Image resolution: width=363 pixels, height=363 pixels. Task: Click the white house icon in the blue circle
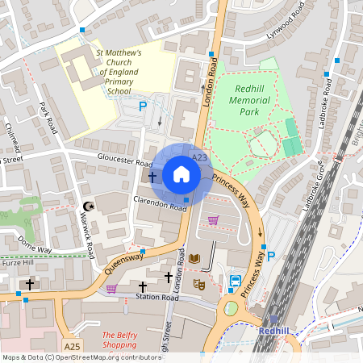pos(181,174)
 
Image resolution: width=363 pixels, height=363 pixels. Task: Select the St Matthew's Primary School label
pos(119,72)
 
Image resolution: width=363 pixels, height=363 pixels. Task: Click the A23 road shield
pos(199,156)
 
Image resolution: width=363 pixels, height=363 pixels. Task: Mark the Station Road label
pos(157,298)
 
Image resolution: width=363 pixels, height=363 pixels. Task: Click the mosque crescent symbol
pos(90,207)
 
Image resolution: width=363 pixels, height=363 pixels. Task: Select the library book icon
pos(194,259)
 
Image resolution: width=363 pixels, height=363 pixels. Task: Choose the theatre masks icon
pos(199,284)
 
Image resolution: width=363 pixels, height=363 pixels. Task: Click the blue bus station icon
pos(235,281)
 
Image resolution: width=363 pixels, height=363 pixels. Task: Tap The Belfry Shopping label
pos(119,340)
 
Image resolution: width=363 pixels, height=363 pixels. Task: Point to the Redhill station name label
pos(273,331)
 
